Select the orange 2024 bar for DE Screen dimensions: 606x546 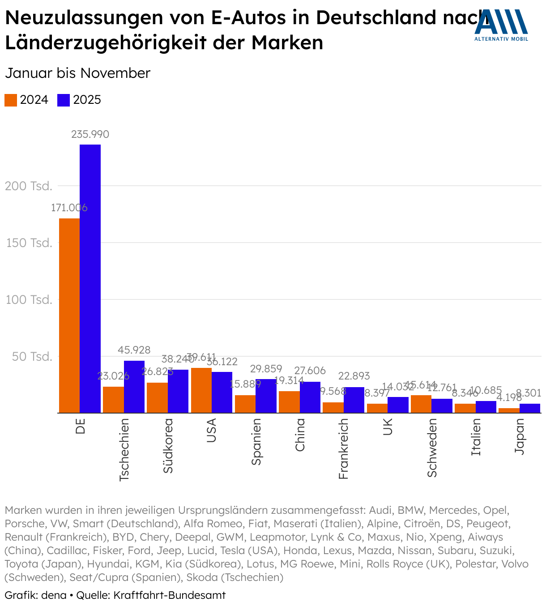click(x=69, y=316)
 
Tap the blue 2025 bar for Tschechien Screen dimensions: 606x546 click(x=134, y=387)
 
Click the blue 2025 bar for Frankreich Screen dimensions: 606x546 click(x=354, y=400)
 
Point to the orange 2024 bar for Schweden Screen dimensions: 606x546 click(x=421, y=404)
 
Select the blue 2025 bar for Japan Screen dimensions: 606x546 click(x=530, y=408)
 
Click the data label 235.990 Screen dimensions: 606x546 click(x=90, y=134)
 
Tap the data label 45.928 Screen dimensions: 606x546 click(x=134, y=350)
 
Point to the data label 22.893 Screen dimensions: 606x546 click(x=354, y=376)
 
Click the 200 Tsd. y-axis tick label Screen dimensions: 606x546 click(x=29, y=186)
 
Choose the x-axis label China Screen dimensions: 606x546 click(x=300, y=435)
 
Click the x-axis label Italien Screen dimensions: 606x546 click(x=476, y=437)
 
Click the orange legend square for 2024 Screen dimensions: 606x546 click(x=11, y=100)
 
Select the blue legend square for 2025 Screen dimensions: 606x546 click(x=64, y=100)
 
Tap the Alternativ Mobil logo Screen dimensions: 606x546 click(x=501, y=25)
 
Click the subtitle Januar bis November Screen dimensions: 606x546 click(x=77, y=73)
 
